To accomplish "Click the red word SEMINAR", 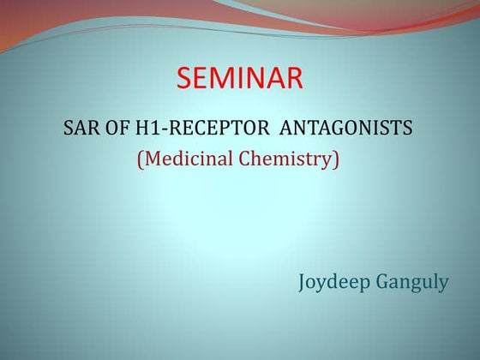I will tap(240, 79).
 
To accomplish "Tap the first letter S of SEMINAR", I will tap(184, 79).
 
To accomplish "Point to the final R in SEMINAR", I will tap(293, 79).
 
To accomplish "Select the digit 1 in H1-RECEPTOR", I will tap(160, 129).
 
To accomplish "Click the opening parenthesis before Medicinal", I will tap(141, 159).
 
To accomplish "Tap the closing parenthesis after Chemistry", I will tap(337, 159).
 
